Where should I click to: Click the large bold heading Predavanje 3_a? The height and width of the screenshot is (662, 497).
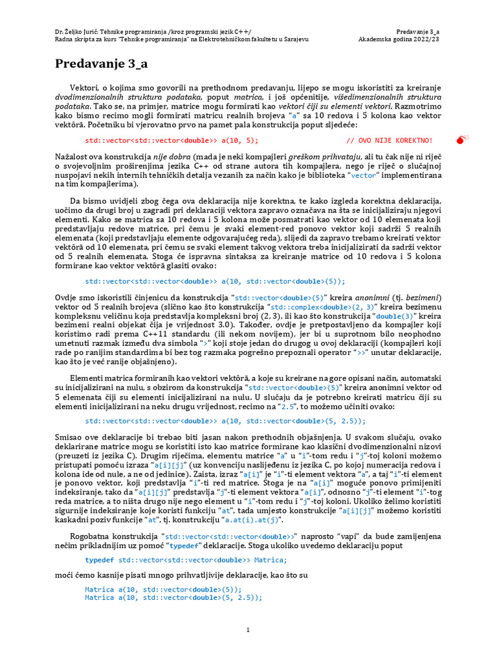pos(101,63)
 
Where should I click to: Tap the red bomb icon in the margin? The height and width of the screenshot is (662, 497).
pos(461,139)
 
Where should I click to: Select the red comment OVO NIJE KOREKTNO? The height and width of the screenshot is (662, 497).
pos(390,140)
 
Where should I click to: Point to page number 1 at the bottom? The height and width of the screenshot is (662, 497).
pos(248,630)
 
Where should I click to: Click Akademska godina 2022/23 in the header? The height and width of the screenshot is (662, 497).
pos(399,39)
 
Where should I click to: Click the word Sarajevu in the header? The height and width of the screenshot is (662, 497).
pos(294,39)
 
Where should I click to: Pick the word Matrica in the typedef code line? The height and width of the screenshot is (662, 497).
pos(271,560)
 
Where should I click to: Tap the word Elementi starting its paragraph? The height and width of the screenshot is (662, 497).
pos(89,377)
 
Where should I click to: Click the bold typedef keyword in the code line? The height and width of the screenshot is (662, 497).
pos(100,560)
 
